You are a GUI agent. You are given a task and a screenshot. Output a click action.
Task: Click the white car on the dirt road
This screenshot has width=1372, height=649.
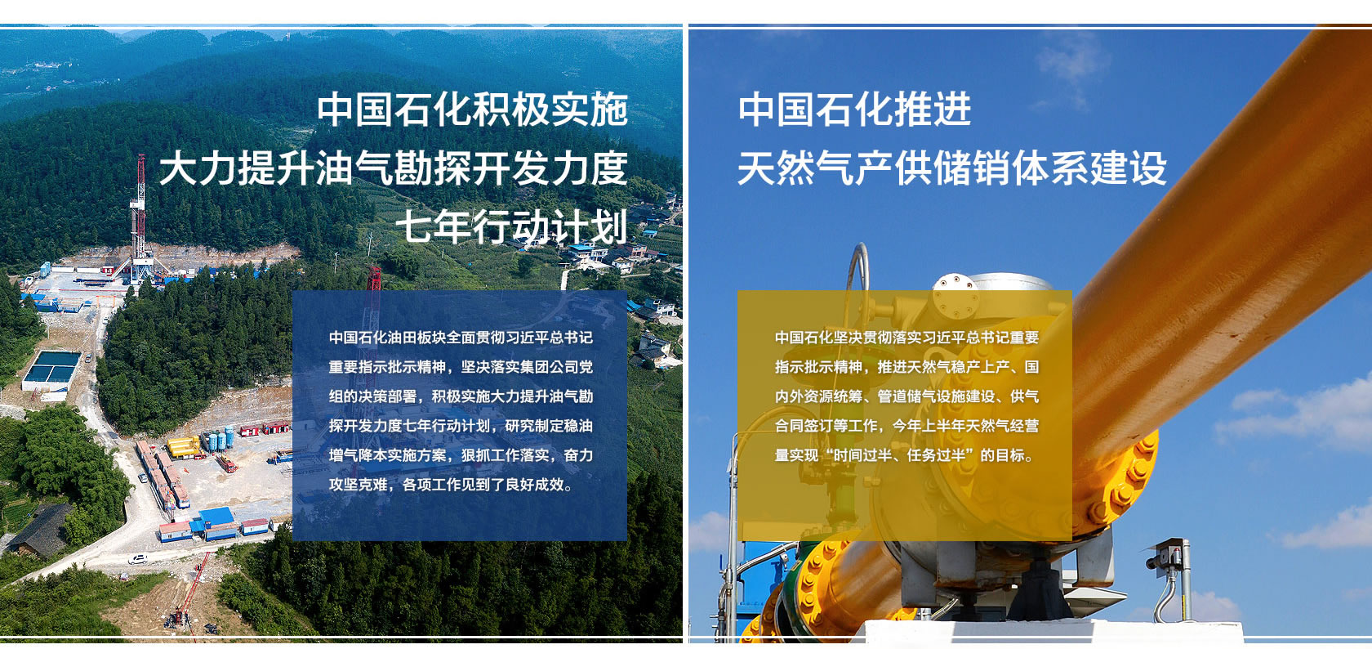point(137,559)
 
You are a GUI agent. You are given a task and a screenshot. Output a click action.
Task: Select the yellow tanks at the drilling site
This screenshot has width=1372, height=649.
point(184,447)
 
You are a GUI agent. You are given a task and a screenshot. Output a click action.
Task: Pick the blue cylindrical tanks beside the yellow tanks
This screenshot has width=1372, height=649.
point(217,439)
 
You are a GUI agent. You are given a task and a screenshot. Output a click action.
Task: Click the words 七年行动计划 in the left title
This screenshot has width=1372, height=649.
point(512,226)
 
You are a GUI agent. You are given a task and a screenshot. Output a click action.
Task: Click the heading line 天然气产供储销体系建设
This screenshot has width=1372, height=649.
point(952,168)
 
